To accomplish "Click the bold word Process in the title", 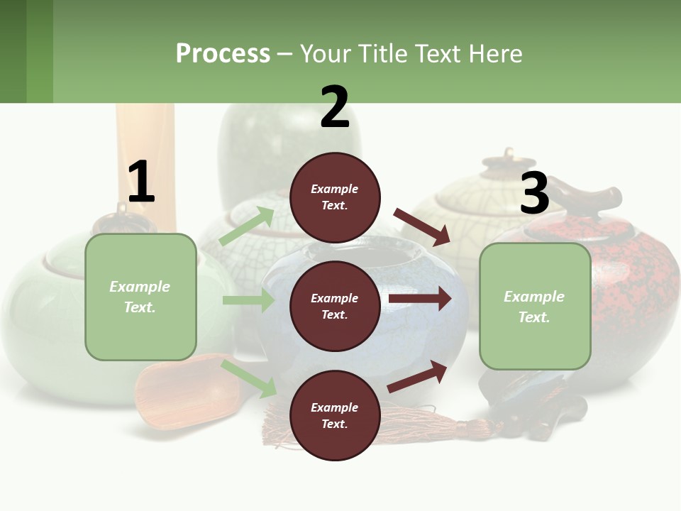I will [223, 54].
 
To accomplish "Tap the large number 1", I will [141, 182].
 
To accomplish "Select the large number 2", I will [335, 107].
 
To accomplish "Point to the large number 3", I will [534, 193].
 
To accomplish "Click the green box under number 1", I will [140, 297].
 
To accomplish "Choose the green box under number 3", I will [535, 307].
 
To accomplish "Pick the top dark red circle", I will [335, 197].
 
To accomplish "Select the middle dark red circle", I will [335, 306].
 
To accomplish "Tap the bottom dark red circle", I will [335, 415].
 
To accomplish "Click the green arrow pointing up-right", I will [247, 226].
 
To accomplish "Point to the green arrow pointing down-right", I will [249, 378].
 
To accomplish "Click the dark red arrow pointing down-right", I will [422, 226].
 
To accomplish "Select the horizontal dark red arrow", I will [420, 299].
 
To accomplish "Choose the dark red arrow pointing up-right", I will [418, 376].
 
